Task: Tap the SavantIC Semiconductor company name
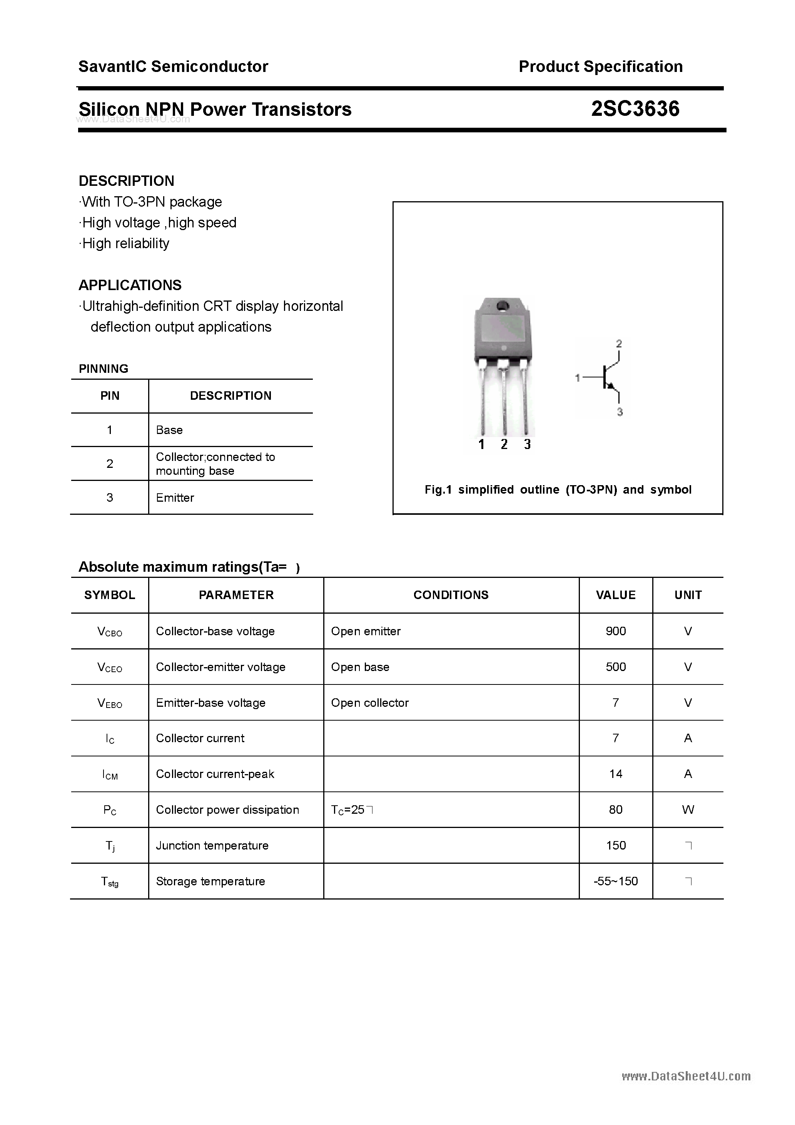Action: [173, 67]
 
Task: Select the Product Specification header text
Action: [600, 67]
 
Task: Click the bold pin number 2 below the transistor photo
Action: [504, 444]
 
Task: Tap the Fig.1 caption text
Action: [558, 489]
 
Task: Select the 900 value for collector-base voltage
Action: [616, 631]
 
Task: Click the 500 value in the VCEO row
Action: [616, 667]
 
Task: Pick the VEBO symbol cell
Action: [110, 703]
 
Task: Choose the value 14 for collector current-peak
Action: [616, 774]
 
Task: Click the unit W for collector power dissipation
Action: [688, 810]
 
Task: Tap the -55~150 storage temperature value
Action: [616, 881]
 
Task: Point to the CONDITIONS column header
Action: [451, 595]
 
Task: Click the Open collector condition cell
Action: [369, 703]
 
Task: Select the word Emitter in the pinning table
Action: [175, 497]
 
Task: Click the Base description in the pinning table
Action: [169, 430]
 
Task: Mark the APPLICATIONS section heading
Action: [130, 285]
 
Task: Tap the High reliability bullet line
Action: [125, 244]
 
